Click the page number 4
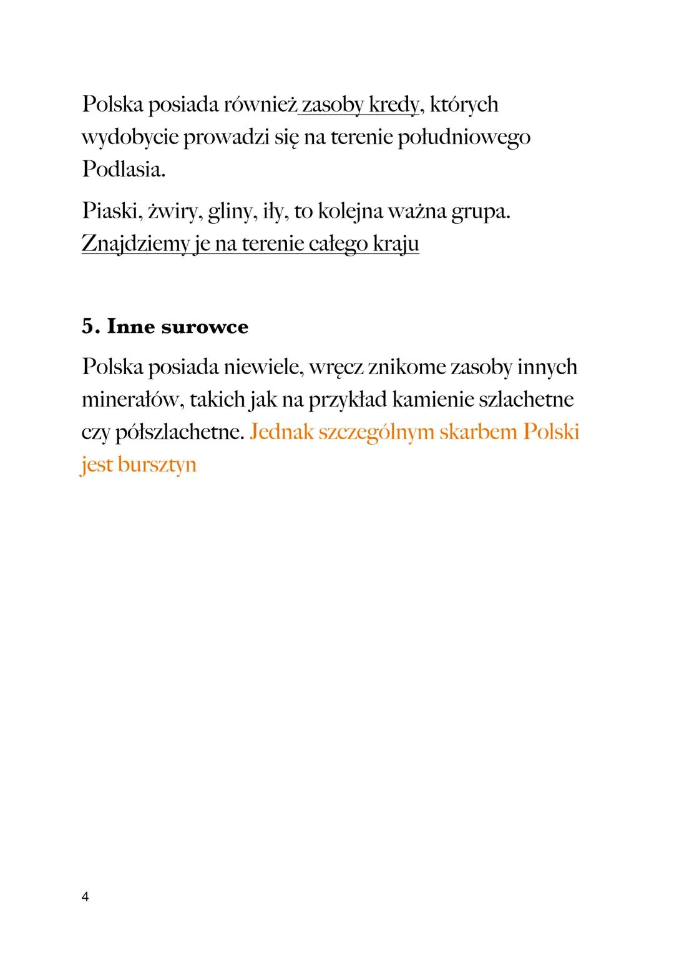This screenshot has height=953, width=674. [x=85, y=897]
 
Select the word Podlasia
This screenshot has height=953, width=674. [x=123, y=170]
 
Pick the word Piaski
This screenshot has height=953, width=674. [x=110, y=212]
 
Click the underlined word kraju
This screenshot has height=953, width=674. [x=396, y=244]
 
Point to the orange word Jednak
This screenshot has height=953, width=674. [x=280, y=432]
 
